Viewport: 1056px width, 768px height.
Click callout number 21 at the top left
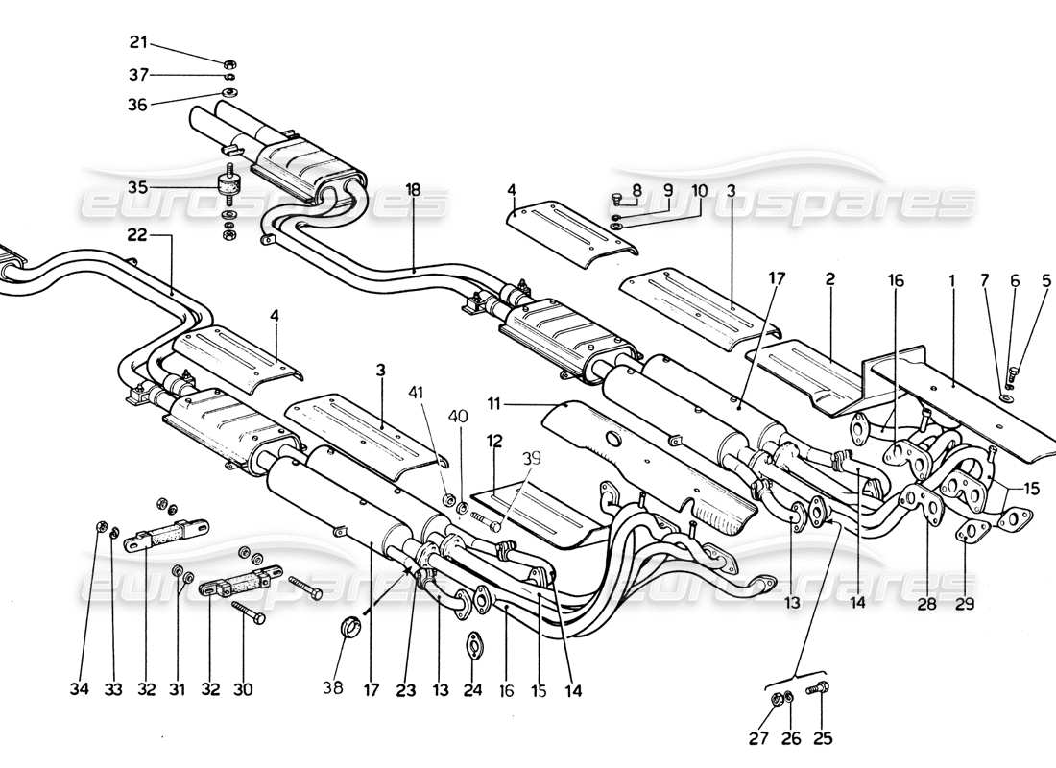(x=139, y=41)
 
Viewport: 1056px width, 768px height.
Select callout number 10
(x=700, y=191)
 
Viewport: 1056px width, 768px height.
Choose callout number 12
(x=494, y=440)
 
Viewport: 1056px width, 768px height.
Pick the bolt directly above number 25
(x=821, y=687)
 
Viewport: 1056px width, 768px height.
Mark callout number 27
(x=766, y=738)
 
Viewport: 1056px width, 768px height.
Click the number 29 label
(x=965, y=603)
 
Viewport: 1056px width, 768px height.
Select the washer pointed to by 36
(x=230, y=93)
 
